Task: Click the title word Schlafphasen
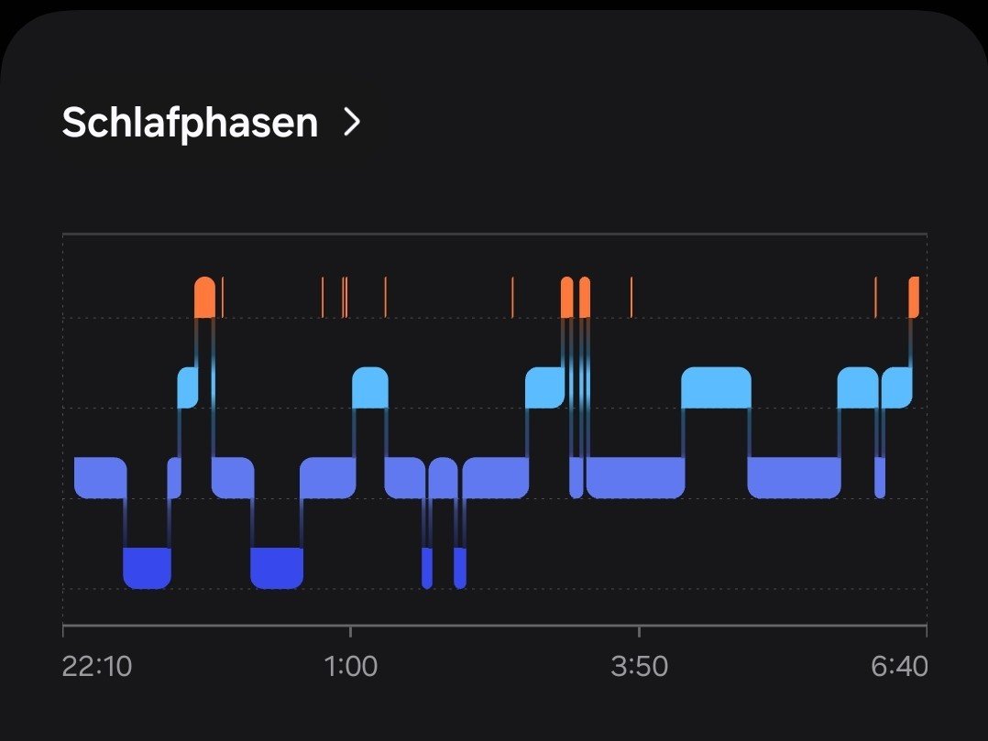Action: coord(190,122)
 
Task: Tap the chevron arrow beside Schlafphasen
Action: coord(351,122)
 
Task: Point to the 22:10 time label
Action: coord(97,666)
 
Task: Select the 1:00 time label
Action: coord(351,666)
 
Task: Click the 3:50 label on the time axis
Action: coord(639,666)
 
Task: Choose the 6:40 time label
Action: coord(899,666)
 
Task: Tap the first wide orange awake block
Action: coord(205,297)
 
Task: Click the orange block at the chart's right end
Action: coord(913,297)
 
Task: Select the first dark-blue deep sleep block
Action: coord(147,568)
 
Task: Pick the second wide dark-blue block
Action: coord(277,568)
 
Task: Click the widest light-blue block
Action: coord(716,387)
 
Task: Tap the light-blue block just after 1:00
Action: coord(370,387)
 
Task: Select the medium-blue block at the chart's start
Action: coord(100,477)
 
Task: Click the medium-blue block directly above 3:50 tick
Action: coord(635,477)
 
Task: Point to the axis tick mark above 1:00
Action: coord(350,630)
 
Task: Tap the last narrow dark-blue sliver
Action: coord(460,568)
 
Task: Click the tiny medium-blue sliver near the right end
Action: coord(880,477)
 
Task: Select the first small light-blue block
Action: coord(188,387)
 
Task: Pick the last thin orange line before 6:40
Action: coord(875,297)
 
